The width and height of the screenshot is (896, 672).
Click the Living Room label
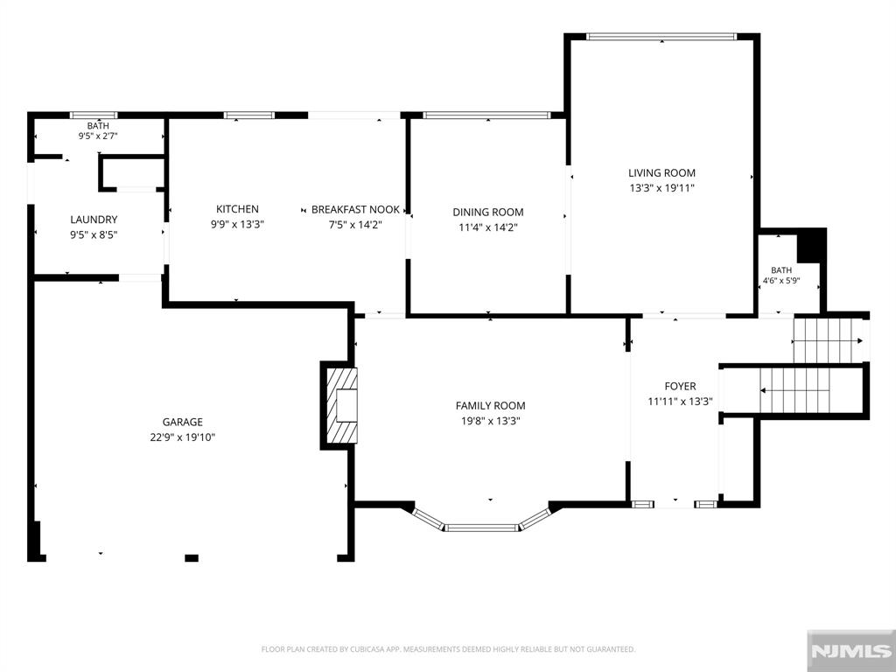[x=661, y=172]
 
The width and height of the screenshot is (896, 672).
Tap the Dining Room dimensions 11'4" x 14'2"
[x=488, y=227]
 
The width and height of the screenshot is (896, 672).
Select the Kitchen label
[x=237, y=209]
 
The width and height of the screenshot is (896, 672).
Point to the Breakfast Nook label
[x=355, y=210]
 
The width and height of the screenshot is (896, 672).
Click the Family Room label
[x=490, y=406]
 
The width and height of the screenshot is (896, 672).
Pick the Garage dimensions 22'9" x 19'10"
[x=182, y=437]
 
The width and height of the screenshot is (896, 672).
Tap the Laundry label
[x=94, y=220]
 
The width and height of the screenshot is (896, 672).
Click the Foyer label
[x=680, y=386]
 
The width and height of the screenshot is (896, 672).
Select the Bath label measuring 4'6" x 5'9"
[x=781, y=270]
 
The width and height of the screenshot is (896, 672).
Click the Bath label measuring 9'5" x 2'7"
[x=98, y=126]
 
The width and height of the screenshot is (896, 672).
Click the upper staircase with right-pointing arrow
[x=829, y=341]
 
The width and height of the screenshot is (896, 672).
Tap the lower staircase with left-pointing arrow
[x=794, y=390]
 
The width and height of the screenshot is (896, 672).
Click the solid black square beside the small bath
[x=811, y=246]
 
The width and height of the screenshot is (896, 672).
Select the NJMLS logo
[x=850, y=651]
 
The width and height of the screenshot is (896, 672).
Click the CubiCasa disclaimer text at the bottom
[x=448, y=649]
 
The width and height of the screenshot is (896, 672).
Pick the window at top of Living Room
[x=661, y=37]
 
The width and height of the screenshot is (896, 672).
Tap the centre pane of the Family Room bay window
[x=482, y=528]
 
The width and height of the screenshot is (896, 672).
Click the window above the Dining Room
[x=486, y=115]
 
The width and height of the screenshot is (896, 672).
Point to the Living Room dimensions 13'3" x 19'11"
[x=661, y=188]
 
